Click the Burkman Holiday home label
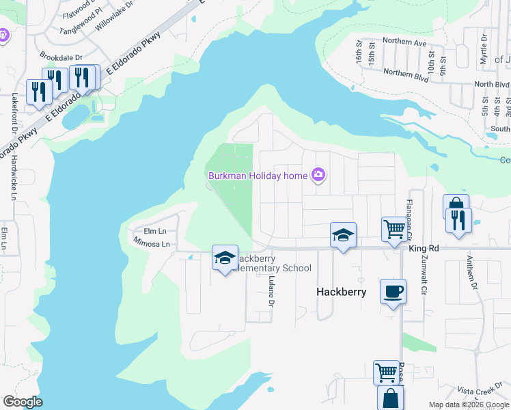pos(258,176)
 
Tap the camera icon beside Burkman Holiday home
pos(318,176)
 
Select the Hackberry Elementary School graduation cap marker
pos(225,258)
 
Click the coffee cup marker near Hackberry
pos(392,291)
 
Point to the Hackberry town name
pos(342,292)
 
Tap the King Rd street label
pos(423,249)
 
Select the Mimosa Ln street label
pos(151,243)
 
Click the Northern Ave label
pos(404,42)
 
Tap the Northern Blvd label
pos(406,74)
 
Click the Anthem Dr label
pos(472,271)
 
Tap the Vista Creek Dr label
pos(484,391)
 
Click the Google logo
pos(23,402)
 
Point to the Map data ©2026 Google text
pos(469,405)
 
